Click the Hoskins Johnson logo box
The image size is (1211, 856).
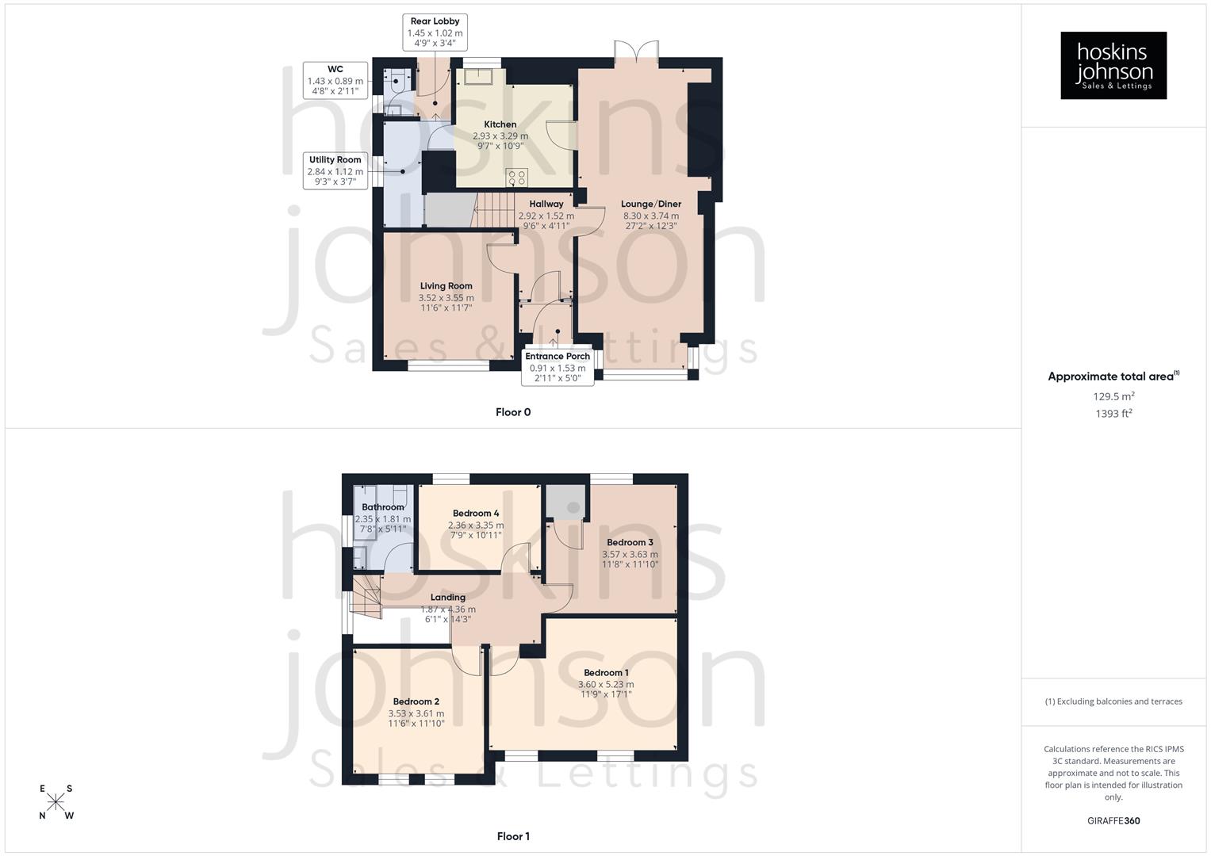[x=1113, y=65]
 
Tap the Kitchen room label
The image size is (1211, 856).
[x=500, y=124]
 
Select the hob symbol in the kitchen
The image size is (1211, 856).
[x=516, y=177]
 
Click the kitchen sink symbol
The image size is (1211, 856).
[x=480, y=76]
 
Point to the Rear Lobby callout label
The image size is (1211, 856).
[x=435, y=32]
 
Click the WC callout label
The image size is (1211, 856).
[x=335, y=80]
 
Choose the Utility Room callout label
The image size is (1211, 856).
[x=335, y=170]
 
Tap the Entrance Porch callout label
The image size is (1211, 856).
[x=558, y=367]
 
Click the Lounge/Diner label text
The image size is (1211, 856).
[x=650, y=204]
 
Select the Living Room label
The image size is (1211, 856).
[x=446, y=286]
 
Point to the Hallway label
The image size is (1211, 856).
[x=546, y=204]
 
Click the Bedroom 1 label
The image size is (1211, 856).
[x=606, y=673]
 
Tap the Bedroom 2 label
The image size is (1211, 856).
[x=416, y=701]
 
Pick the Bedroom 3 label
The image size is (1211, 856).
[x=630, y=543]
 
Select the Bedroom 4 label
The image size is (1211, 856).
[x=476, y=514]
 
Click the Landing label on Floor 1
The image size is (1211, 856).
[x=448, y=598]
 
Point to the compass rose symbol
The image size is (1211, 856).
[x=56, y=802]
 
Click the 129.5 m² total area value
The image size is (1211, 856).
[x=1113, y=396]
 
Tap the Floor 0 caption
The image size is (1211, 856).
[x=513, y=412]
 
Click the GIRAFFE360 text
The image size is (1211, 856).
[x=1113, y=821]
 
